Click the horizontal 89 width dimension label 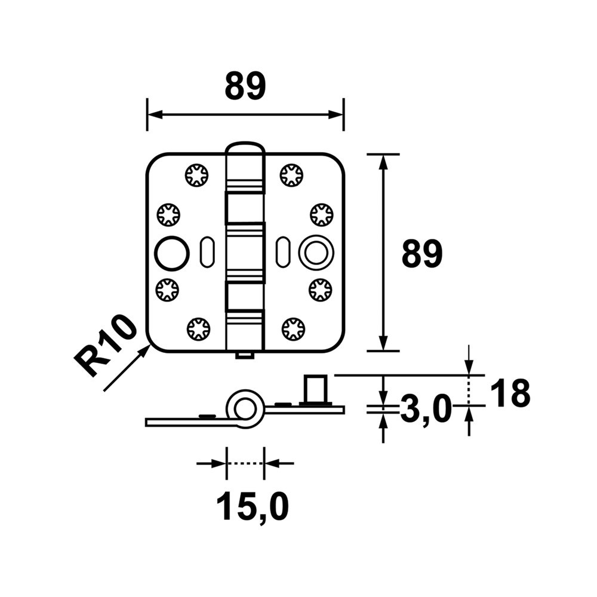point(245,87)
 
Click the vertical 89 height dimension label point(421,254)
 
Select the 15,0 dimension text point(252,507)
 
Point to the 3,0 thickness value point(424,410)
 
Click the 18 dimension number point(510,395)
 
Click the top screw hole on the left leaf point(196,175)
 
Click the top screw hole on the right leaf point(291,175)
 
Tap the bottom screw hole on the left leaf point(198,329)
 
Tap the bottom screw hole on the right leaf point(293,328)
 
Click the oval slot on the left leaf point(207,252)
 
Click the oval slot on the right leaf point(282,252)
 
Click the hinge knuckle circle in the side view point(244,409)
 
